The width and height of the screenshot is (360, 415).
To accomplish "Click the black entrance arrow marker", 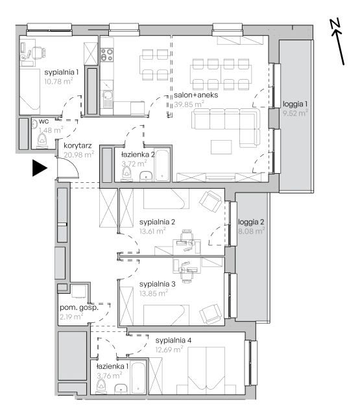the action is tap(40, 168).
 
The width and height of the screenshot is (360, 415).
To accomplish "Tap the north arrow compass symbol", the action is tap(337, 41).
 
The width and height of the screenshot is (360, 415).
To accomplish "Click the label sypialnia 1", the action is tap(62, 72).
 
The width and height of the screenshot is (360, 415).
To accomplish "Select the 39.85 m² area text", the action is tap(189, 104).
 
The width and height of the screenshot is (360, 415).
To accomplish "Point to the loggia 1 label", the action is tap(295, 104).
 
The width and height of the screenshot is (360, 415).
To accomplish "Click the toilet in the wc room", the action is tap(42, 139).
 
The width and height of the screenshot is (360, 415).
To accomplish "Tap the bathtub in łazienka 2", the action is tap(162, 165).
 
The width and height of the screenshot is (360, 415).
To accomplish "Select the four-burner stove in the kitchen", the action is tap(106, 54).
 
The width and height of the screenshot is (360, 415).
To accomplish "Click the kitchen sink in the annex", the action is tap(107, 99).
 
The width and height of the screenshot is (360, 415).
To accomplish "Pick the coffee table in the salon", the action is tap(221, 147).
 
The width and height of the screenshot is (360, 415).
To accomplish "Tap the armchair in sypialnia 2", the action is tap(210, 202).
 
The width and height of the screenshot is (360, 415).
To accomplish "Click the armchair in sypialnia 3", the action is tap(210, 314).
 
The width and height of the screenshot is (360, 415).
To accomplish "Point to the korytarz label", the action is tap(78, 145).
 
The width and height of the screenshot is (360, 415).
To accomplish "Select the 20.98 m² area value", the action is tap(79, 154).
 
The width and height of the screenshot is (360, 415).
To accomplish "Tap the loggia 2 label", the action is tap(251, 222).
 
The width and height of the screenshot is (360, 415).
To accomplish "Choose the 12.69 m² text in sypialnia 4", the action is tap(169, 350).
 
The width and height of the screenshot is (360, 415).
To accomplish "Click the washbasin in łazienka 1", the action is tap(121, 389).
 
